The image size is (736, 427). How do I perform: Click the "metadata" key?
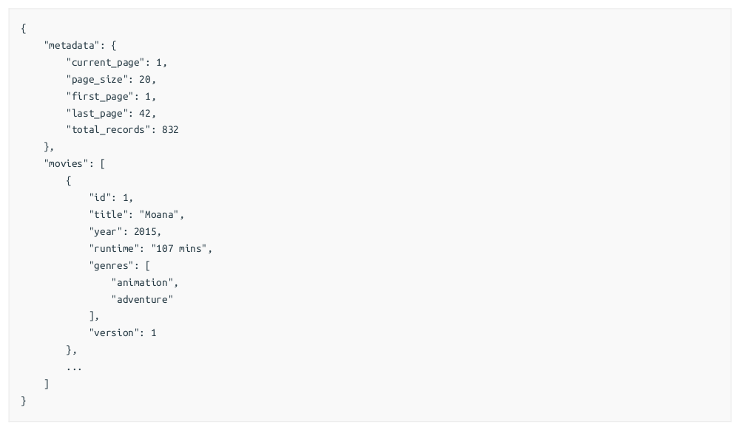[72, 45]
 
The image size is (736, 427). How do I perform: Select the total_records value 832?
[170, 130]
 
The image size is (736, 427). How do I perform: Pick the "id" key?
[99, 197]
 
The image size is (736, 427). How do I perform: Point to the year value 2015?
[145, 231]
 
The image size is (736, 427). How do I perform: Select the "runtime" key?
[113, 248]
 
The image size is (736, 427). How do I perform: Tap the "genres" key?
[110, 265]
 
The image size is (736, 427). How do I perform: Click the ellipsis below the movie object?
[74, 367]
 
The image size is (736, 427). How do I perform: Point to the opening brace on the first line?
[24, 28]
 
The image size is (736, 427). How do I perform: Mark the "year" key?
[104, 231]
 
